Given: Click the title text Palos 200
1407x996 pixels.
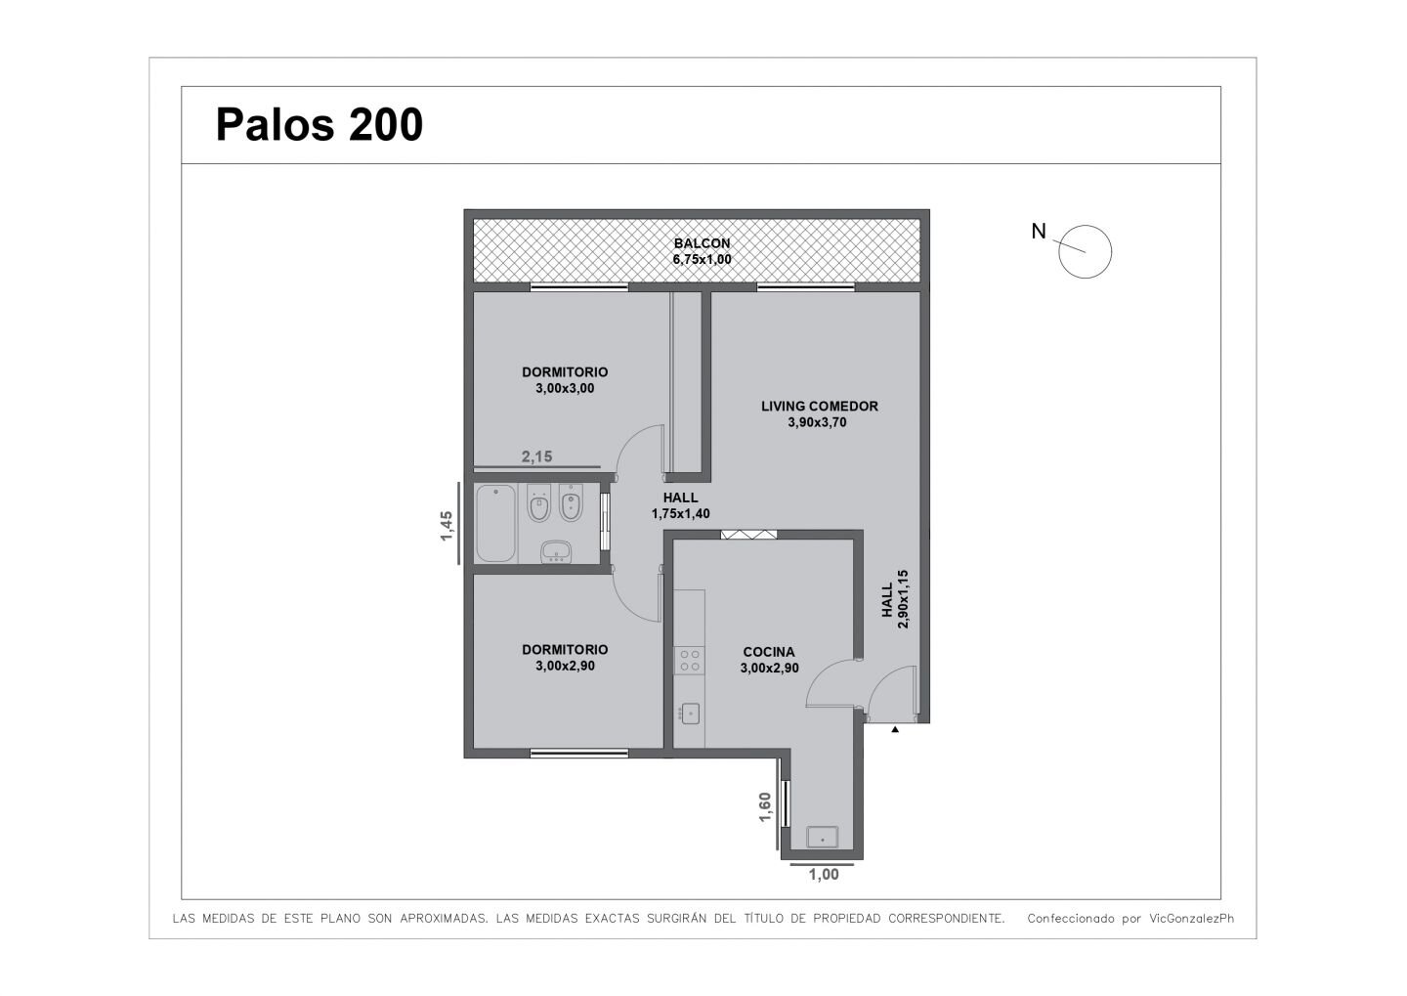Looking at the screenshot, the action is [x=320, y=125].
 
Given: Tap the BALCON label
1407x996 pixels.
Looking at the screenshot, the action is [x=703, y=243].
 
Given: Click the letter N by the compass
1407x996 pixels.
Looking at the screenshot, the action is [x=1039, y=232].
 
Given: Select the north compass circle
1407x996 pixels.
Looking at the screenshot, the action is [x=1085, y=252].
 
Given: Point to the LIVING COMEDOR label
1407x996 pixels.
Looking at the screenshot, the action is [x=820, y=406].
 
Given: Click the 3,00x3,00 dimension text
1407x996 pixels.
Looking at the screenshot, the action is [x=565, y=388].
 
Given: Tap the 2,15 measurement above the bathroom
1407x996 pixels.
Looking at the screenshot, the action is [x=537, y=456].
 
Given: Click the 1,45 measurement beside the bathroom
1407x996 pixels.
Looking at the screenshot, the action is [x=447, y=526].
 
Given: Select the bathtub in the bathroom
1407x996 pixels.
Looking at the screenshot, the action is [x=495, y=523].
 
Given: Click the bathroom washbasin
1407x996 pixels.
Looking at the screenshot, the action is [x=556, y=551].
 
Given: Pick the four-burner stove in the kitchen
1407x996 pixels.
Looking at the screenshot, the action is [x=689, y=661].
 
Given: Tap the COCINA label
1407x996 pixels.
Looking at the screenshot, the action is [x=769, y=652].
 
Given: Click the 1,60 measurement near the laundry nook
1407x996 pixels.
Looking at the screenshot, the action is [x=764, y=806].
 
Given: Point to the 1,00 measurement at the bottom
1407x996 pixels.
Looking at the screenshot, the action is [x=824, y=875].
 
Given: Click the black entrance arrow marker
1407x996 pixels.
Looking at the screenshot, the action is [x=895, y=729].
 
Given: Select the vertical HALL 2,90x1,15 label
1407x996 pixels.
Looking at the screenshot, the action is [x=895, y=599].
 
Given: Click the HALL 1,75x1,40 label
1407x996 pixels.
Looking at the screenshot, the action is [x=680, y=505].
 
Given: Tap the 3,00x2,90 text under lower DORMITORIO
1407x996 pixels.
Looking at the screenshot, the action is [x=565, y=666].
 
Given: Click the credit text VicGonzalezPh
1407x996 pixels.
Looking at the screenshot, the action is [x=1192, y=918].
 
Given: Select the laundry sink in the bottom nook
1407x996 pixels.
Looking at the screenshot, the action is [x=823, y=837].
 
